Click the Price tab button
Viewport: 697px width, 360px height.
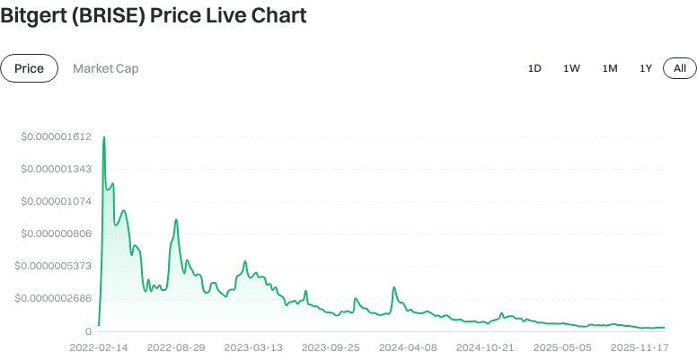[29, 68]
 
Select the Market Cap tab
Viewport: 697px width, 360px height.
[105, 68]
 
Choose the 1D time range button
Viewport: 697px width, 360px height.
[534, 68]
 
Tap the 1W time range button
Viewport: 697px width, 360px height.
[571, 68]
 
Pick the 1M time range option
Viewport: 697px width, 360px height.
[610, 68]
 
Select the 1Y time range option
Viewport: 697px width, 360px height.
[646, 68]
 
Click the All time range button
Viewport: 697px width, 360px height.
[680, 68]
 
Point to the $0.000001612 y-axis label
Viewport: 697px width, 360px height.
[57, 136]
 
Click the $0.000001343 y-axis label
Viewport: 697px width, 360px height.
[57, 169]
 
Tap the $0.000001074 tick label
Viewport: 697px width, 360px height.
[57, 201]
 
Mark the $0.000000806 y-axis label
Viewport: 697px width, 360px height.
[57, 233]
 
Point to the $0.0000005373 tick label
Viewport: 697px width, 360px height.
[54, 266]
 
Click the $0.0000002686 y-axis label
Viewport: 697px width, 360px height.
[54, 298]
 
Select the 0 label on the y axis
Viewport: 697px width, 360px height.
[88, 331]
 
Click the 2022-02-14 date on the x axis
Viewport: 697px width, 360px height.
[99, 347]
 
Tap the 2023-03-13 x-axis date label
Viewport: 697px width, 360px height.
[253, 347]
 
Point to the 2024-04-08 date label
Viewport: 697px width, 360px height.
[408, 347]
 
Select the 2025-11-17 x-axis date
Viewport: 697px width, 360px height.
[640, 347]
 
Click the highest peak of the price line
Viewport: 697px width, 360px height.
[104, 137]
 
